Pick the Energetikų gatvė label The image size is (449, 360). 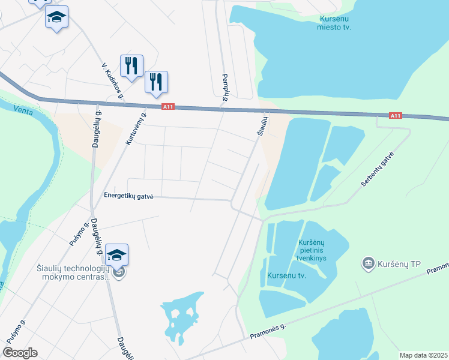coord(129,196)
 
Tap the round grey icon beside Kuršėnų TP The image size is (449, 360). coord(368,263)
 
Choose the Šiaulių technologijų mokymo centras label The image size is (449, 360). coord(72,272)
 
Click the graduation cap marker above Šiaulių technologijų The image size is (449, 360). coord(117,255)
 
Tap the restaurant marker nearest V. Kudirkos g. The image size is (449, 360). coord(131,65)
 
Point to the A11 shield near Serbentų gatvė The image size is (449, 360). coord(394,115)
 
